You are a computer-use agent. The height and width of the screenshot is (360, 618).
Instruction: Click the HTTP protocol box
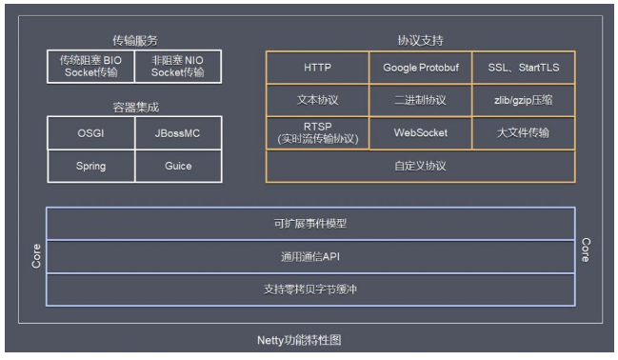tap(317, 68)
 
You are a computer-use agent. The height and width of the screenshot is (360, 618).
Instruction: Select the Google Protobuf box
tap(420, 68)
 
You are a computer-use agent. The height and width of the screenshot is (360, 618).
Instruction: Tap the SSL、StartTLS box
tap(523, 68)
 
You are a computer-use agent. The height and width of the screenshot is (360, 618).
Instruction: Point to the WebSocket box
tap(420, 132)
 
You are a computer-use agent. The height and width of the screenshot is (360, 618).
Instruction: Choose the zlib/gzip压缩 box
tap(523, 99)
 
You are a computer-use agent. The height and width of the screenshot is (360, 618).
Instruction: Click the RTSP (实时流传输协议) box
tap(317, 132)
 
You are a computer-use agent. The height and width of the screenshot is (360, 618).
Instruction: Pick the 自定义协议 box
tap(420, 166)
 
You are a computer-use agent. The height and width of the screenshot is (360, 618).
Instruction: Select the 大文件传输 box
tap(523, 132)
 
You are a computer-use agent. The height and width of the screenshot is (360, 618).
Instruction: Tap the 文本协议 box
tap(317, 99)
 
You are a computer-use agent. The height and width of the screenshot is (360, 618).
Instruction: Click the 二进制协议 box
tap(420, 99)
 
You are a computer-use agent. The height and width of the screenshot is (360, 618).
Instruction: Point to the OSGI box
tap(90, 133)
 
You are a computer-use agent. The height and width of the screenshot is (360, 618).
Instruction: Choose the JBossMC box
tap(178, 133)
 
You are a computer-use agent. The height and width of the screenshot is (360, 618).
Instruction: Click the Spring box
tap(90, 166)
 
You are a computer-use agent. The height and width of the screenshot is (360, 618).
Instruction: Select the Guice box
tap(178, 166)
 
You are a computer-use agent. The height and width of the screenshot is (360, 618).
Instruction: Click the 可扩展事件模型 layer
tap(310, 224)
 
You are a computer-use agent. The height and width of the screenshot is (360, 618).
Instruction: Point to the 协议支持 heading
tap(420, 41)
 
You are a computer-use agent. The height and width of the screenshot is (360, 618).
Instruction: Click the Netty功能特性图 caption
tap(309, 340)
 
